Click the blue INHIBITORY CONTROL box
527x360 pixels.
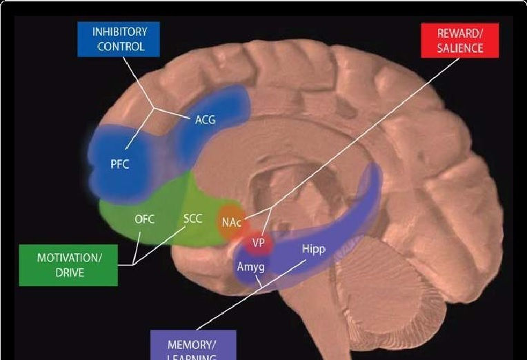121,39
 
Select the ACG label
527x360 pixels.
205,119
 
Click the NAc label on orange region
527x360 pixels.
231,222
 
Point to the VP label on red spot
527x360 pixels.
259,243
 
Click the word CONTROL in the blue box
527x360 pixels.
121,47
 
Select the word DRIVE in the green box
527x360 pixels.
68,272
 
